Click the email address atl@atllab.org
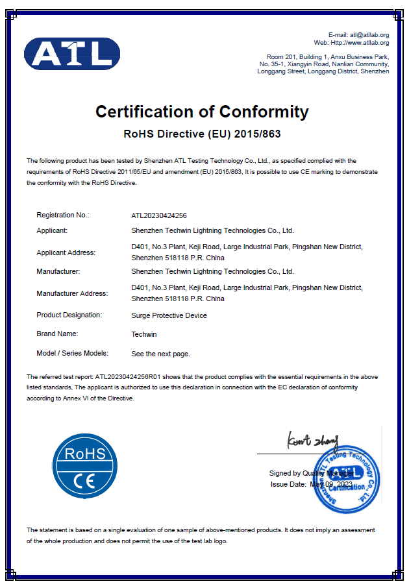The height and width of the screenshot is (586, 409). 369,34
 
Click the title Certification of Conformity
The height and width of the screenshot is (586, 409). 202,112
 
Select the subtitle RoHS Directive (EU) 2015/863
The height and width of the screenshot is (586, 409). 202,135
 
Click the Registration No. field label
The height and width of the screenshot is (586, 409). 63,215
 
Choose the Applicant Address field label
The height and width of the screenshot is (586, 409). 66,252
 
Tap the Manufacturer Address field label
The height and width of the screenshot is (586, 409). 72,293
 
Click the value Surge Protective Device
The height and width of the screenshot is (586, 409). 169,315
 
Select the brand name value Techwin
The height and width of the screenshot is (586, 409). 144,334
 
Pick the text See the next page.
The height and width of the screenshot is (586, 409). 160,354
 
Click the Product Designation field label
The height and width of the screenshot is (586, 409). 69,315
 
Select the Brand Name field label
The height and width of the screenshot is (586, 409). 57,334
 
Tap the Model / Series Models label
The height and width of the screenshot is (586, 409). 72,353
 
